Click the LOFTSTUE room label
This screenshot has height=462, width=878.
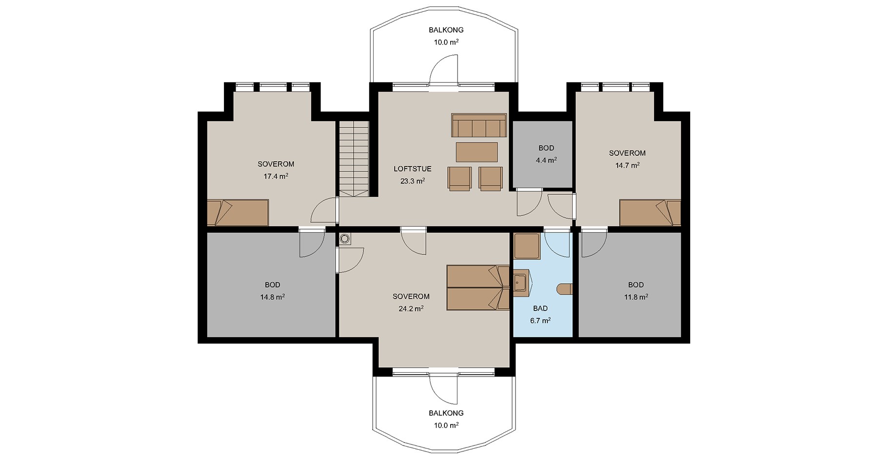point(413,169)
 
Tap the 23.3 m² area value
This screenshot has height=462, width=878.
point(413,181)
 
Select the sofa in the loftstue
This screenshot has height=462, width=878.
point(479,126)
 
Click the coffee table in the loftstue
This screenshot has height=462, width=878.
point(477,152)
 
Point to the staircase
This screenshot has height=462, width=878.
point(354,159)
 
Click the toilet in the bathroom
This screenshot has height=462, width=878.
point(565,289)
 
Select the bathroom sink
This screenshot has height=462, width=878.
point(521,283)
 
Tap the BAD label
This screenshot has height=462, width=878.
point(540,309)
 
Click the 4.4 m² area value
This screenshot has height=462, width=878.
point(546,160)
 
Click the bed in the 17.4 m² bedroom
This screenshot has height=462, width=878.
point(238,212)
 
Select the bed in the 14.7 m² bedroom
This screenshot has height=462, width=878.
point(650,212)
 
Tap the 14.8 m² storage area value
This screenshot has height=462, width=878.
point(273,297)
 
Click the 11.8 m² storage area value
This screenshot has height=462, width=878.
point(636,297)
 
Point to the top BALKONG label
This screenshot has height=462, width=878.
point(446,30)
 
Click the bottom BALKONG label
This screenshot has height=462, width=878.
point(446,413)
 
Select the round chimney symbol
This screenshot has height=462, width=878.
point(345,239)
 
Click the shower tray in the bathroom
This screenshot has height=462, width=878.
point(526,246)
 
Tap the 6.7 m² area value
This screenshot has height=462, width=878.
point(540,321)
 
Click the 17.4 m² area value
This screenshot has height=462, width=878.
point(276,176)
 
